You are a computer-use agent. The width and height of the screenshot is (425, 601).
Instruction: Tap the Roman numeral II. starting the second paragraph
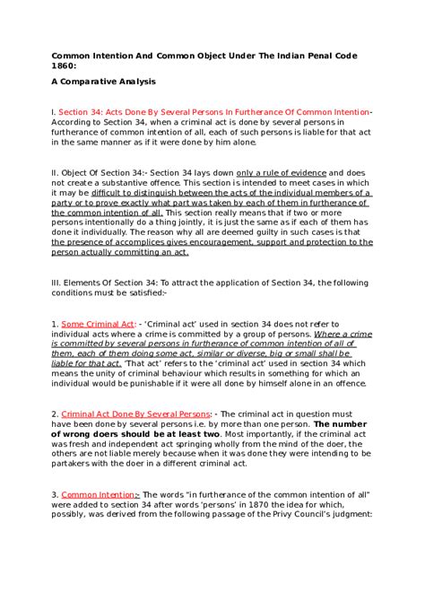pos(55,171)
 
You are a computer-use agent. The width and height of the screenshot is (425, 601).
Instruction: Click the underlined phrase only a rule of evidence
pos(275,171)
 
